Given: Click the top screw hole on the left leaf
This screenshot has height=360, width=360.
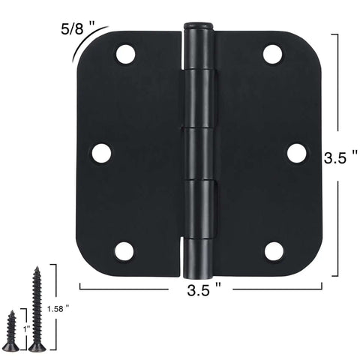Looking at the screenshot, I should coord(124,54).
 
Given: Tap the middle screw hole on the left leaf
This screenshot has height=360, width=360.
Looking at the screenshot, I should coord(101,153).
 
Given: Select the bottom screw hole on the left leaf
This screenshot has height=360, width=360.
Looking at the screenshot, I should coord(124,251).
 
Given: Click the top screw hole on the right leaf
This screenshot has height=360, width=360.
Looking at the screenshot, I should coord(273,54).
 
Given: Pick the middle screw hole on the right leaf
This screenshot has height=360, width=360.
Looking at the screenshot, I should coord(297,153).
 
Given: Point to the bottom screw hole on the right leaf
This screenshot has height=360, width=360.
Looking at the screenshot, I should coord(274,251).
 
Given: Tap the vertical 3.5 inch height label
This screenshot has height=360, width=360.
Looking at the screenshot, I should coord(340,159).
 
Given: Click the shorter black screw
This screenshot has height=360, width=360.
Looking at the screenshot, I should coord(11,330).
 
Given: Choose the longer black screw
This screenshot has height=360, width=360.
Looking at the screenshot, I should coord(36,307).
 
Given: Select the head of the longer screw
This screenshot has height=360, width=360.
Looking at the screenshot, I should coord(37,346).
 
